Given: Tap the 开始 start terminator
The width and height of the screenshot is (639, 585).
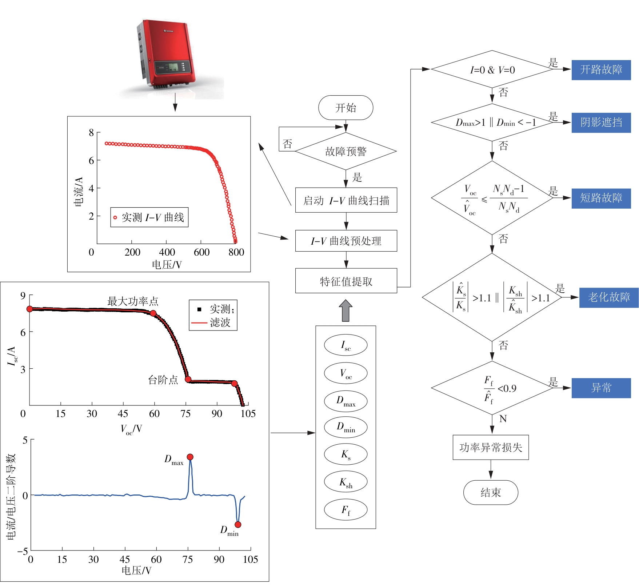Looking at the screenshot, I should (x=346, y=108).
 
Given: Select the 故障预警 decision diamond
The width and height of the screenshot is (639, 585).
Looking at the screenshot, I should (x=346, y=151).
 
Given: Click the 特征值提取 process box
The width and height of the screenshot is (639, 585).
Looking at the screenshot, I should (x=346, y=281).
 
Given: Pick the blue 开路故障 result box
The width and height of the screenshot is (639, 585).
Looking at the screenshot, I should (x=601, y=70).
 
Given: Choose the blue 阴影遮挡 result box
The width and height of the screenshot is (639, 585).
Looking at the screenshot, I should (x=601, y=123).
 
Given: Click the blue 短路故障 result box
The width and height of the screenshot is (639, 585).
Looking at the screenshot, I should (x=601, y=198).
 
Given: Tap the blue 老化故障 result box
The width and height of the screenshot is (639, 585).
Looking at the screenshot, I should (x=608, y=297).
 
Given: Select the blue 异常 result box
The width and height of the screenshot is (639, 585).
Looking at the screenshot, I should (x=601, y=388).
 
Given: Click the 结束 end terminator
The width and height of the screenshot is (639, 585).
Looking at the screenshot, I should (x=490, y=493).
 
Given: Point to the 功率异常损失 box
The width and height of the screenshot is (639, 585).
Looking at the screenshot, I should (x=490, y=447).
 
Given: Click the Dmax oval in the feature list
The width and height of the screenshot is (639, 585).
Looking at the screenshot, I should (x=346, y=401).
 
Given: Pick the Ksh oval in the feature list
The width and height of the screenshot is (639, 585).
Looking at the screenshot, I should (x=346, y=482).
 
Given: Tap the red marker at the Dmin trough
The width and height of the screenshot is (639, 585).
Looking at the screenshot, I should (x=238, y=524).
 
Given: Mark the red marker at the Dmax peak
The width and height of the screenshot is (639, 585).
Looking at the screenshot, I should (x=190, y=457).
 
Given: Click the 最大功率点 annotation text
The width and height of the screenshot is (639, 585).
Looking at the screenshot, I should (x=133, y=301).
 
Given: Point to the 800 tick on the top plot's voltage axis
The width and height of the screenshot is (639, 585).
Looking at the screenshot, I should (x=236, y=252).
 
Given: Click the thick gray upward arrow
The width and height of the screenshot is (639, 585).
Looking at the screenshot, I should (x=346, y=310).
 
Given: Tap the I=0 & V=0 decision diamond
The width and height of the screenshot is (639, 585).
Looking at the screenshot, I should (x=492, y=69).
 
